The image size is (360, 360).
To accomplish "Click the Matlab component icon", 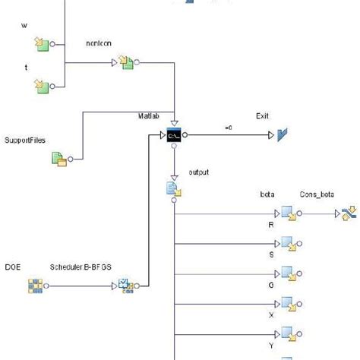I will [175, 136].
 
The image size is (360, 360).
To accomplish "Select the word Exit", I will [263, 117].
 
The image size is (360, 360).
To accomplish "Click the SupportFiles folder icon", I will [59, 159].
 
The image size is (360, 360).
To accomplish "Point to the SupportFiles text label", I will [26, 141].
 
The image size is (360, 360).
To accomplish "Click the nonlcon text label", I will [100, 44].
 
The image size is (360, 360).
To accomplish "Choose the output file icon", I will [172, 189].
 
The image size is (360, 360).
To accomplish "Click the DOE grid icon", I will [35, 286].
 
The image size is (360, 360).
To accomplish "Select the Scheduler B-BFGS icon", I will [125, 286].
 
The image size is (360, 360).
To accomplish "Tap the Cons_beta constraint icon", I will [349, 213].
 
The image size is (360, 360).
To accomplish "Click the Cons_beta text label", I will [317, 195].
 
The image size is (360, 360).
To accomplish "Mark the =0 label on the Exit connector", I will [228, 126].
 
